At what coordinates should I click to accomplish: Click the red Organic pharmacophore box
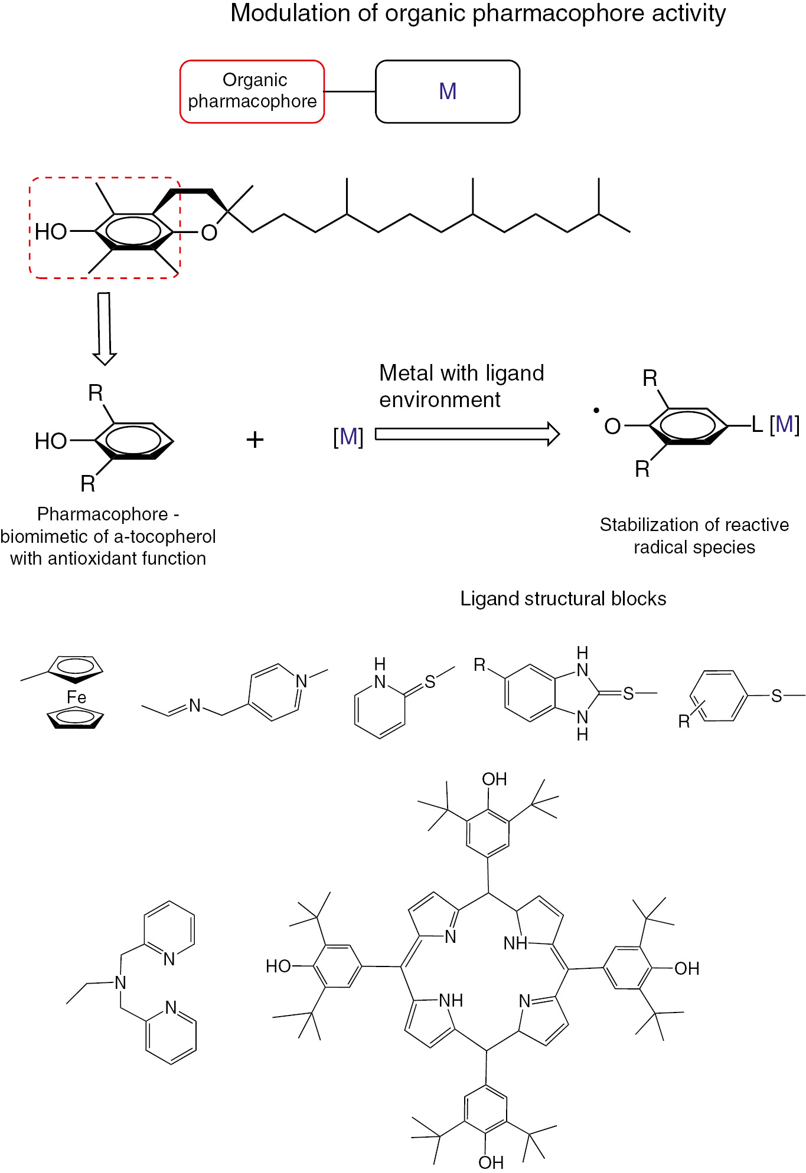[x=252, y=91]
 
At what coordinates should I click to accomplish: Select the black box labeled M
[x=448, y=91]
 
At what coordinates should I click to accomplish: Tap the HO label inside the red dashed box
[x=51, y=232]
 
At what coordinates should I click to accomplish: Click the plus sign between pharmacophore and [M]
[x=254, y=440]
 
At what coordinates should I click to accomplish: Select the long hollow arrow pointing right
[x=466, y=434]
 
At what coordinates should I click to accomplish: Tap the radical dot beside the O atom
[x=596, y=410]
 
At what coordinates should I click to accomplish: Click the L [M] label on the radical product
[x=775, y=424]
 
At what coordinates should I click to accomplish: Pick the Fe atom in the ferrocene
[x=76, y=697]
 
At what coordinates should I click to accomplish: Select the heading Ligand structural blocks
[x=563, y=598]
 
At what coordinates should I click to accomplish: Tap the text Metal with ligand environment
[x=461, y=386]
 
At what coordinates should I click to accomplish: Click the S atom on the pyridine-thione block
[x=430, y=681]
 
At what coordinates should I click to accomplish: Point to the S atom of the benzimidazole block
[x=628, y=694]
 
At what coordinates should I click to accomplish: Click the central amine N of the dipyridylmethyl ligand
[x=120, y=982]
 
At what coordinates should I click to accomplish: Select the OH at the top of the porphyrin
[x=494, y=779]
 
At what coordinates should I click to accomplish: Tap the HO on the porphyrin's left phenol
[x=278, y=966]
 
